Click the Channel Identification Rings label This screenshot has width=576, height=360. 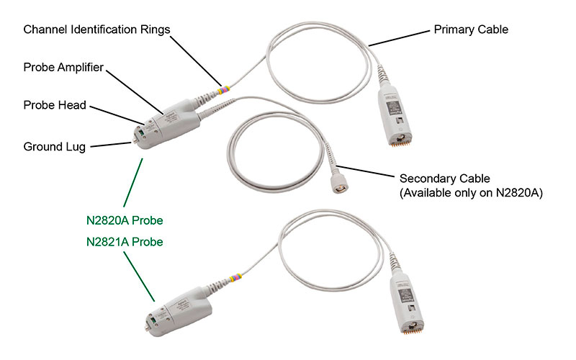[x=96, y=30]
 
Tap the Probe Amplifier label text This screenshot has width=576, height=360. [x=63, y=68]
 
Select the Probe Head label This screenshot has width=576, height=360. [x=55, y=105]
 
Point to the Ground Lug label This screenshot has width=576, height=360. [x=55, y=147]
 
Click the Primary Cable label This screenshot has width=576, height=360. [x=471, y=30]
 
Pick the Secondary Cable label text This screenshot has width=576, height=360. [x=444, y=179]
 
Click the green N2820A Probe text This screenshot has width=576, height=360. [x=125, y=220]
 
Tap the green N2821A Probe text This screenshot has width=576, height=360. [x=125, y=242]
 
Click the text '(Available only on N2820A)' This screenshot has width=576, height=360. [x=471, y=193]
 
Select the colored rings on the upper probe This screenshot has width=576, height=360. [x=224, y=90]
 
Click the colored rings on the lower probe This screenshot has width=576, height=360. [x=236, y=278]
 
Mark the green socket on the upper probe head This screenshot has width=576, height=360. [x=140, y=132]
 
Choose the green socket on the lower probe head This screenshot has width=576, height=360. [x=153, y=321]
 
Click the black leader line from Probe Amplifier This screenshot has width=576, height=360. [x=135, y=92]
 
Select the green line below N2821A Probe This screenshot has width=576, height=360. [x=139, y=276]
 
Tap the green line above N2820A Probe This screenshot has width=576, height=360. [x=133, y=183]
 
